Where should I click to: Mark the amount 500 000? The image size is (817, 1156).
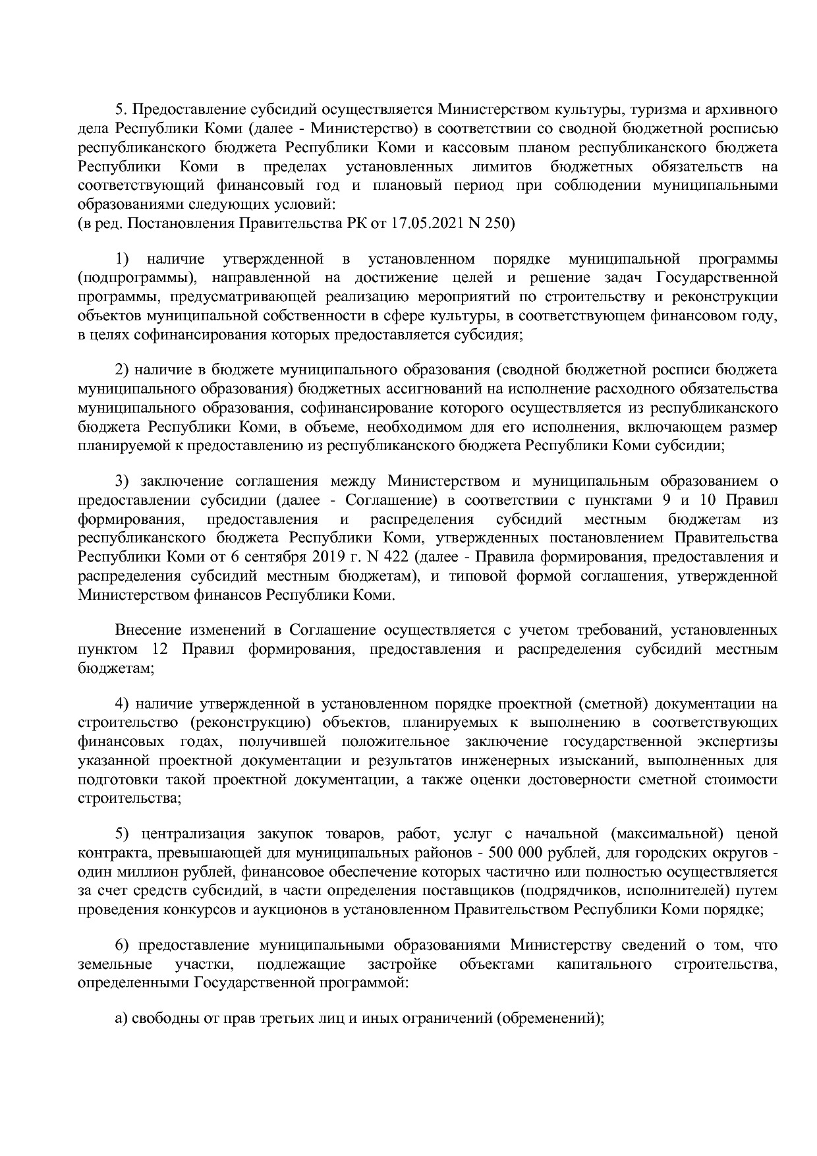click(x=515, y=853)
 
